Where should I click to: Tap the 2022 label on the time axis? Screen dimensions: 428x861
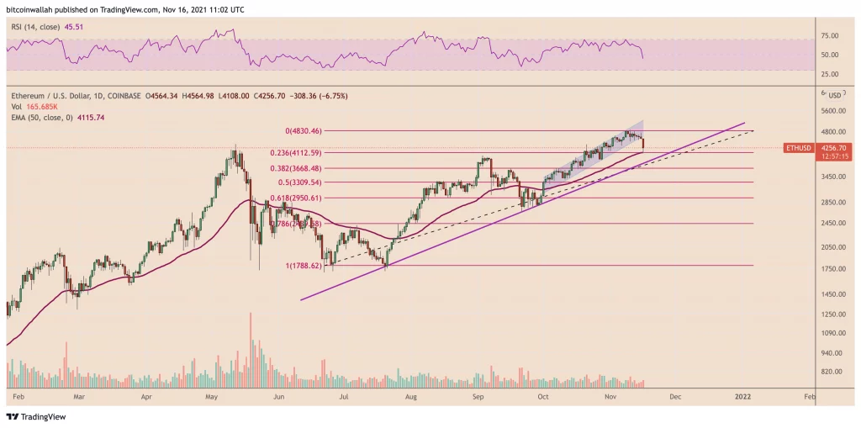click(x=742, y=394)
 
